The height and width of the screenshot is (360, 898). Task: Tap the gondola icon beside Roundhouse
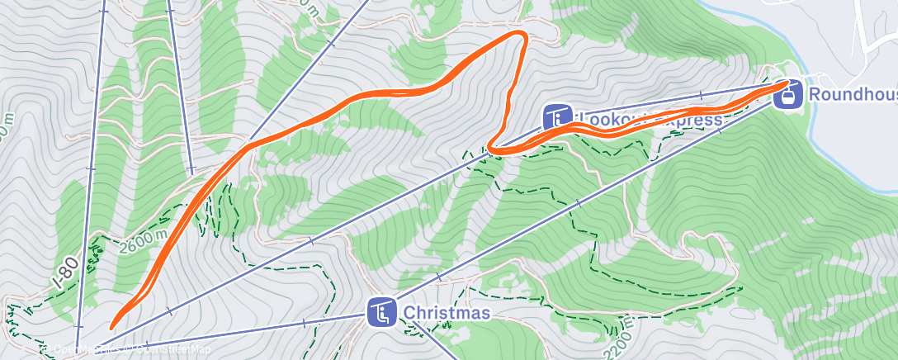(x=788, y=94)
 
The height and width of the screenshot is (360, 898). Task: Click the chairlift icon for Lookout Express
(x=557, y=118)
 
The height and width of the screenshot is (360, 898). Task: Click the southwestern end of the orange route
(x=113, y=326)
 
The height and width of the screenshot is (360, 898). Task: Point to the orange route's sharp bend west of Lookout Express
(x=492, y=149)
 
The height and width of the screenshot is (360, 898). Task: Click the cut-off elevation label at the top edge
(x=310, y=7)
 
